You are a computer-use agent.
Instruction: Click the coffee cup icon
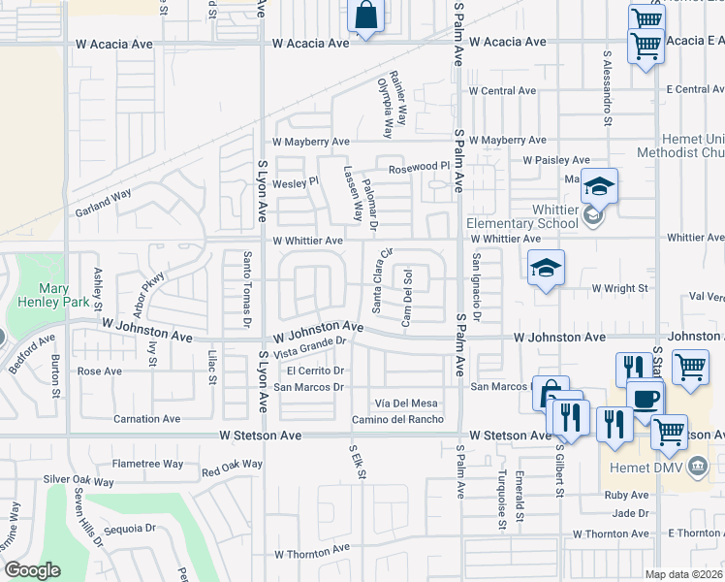pyautogui.click(x=645, y=398)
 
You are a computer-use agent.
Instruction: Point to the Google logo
pyautogui.click(x=32, y=570)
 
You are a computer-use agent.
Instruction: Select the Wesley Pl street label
pyautogui.click(x=296, y=182)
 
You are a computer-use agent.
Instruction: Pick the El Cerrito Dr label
pyautogui.click(x=316, y=371)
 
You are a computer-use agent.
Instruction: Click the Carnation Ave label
pyautogui.click(x=146, y=419)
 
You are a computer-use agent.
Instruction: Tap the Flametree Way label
pyautogui.click(x=147, y=464)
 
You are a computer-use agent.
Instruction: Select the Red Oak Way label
pyautogui.click(x=232, y=468)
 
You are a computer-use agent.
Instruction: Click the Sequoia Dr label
pyautogui.click(x=130, y=530)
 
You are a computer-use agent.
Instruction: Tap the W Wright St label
pyautogui.click(x=619, y=289)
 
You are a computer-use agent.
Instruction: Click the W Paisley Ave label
pyautogui.click(x=555, y=160)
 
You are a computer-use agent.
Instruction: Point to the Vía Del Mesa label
pyautogui.click(x=406, y=404)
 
